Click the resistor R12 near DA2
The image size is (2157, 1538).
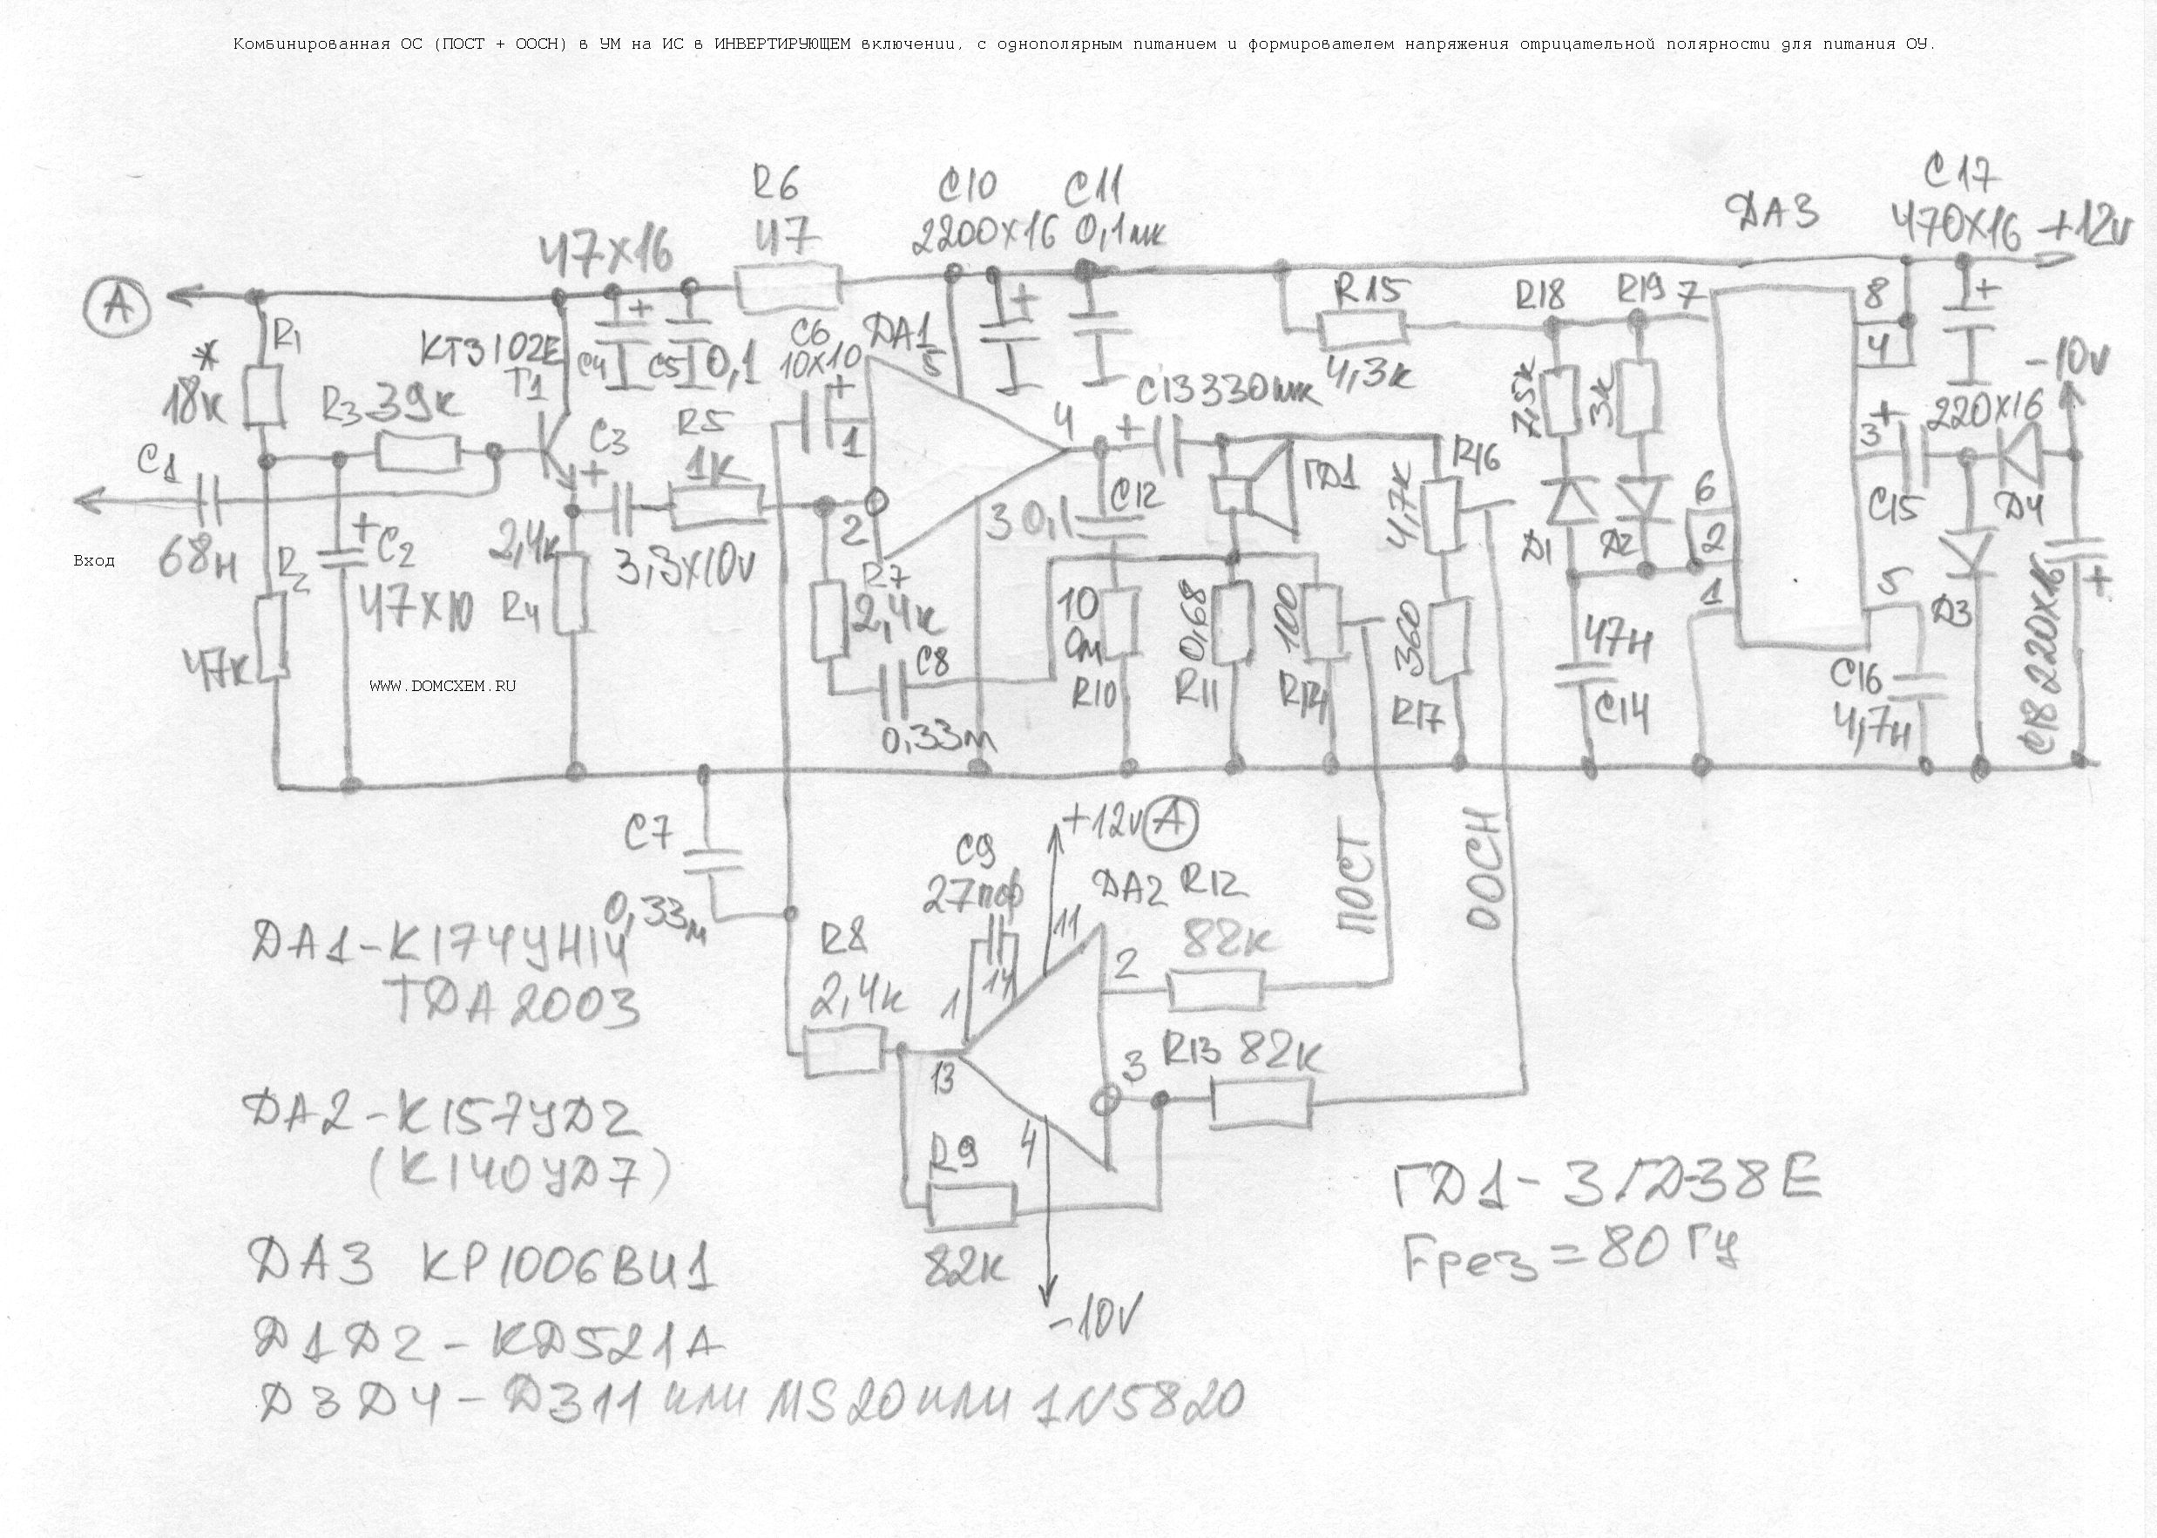coord(1216,991)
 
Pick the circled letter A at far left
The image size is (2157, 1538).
coord(118,306)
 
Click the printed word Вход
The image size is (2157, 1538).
coord(94,560)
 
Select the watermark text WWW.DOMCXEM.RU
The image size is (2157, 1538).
coord(443,686)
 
